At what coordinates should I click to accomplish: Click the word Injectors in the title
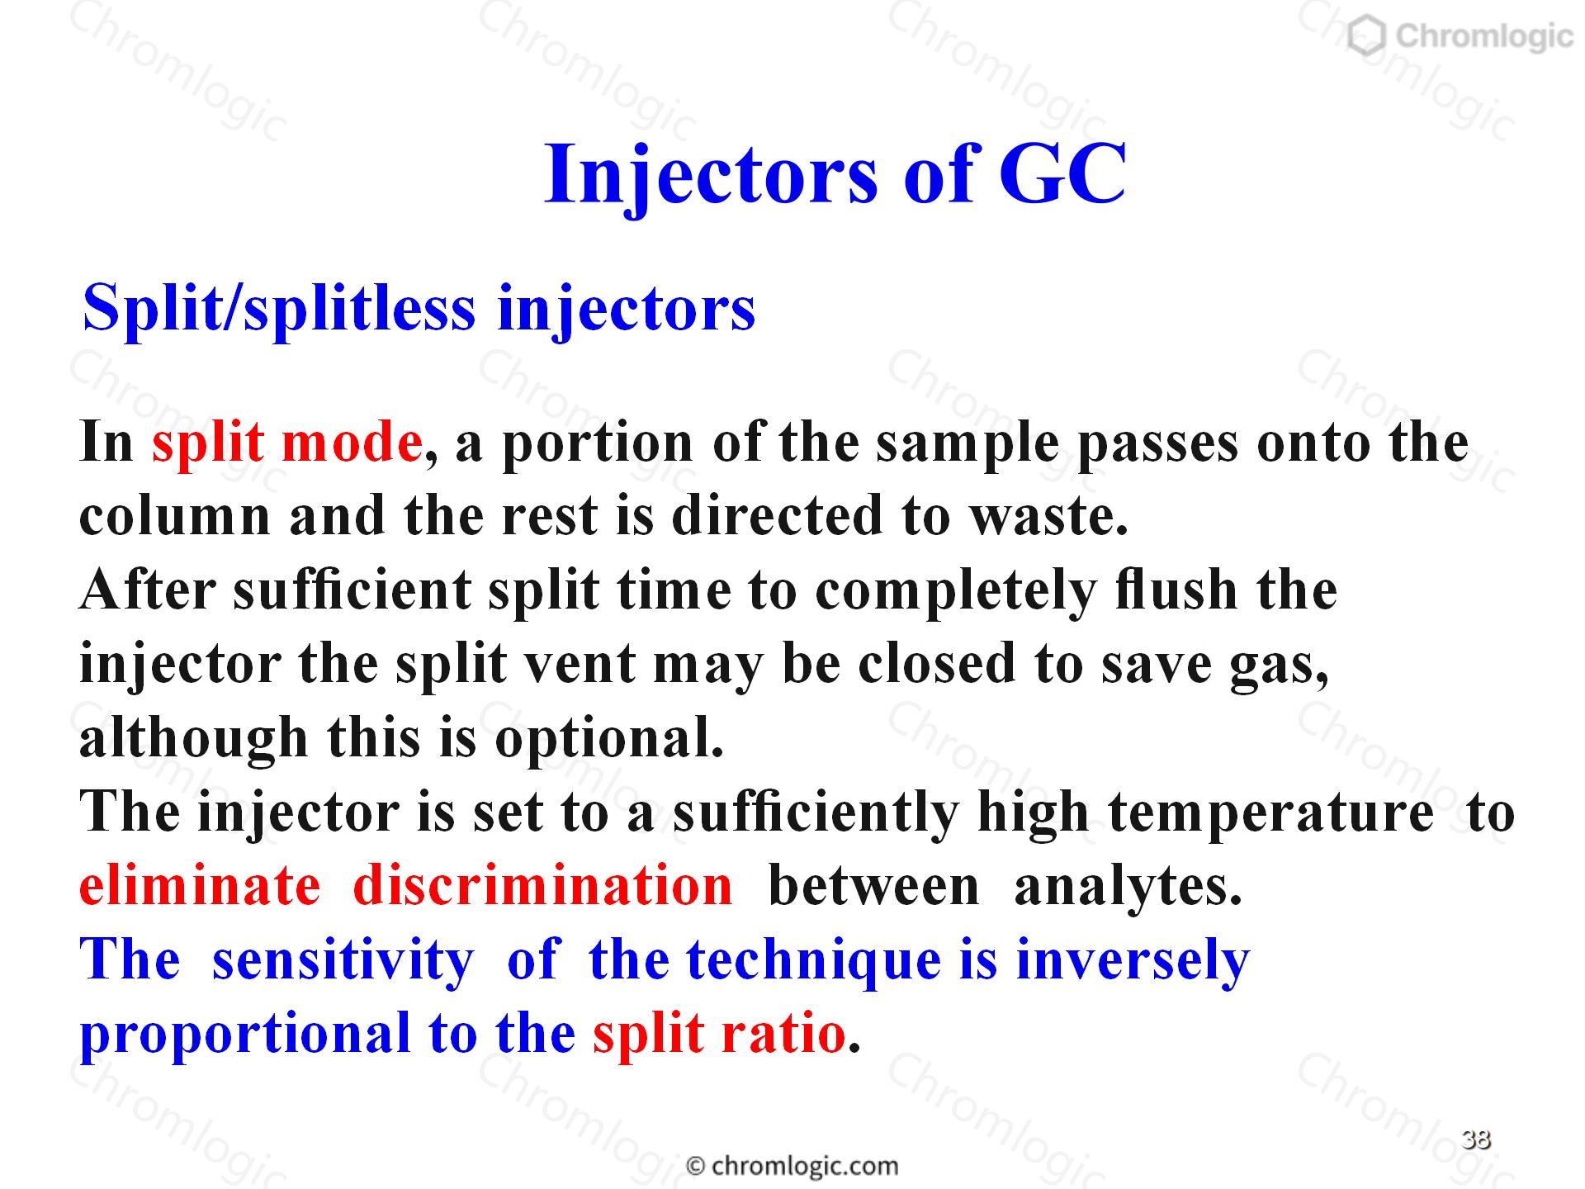(712, 175)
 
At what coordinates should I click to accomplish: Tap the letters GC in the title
(1062, 174)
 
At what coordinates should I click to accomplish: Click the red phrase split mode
(287, 443)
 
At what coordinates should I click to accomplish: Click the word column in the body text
(175, 516)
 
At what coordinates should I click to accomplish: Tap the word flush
(1176, 590)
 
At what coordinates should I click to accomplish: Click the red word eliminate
(200, 885)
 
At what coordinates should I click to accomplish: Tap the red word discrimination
(542, 885)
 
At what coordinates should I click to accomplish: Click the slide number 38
(1476, 1139)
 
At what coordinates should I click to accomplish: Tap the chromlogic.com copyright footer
(792, 1166)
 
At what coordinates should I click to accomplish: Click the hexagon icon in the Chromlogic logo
(1367, 37)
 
